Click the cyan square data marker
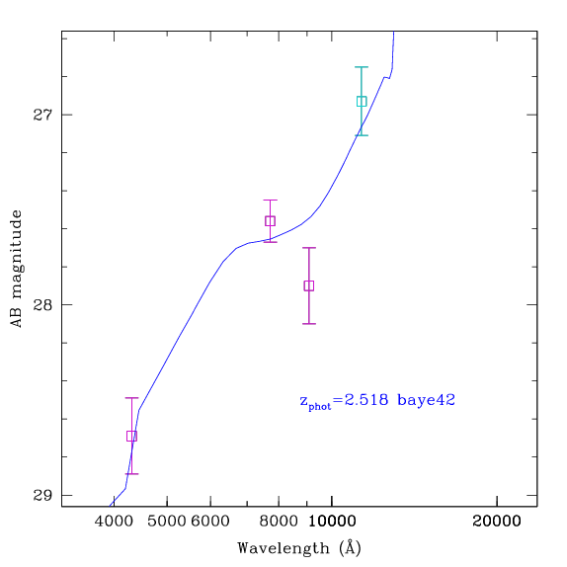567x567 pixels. [x=362, y=101]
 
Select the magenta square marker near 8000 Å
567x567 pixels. [x=270, y=221]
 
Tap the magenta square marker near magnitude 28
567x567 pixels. [x=309, y=285]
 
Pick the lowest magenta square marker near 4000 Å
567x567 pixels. [x=131, y=436]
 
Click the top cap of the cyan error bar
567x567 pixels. [x=362, y=67]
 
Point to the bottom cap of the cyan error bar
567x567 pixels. [x=362, y=135]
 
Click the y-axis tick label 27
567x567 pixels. [x=42, y=115]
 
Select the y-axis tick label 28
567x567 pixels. [x=42, y=305]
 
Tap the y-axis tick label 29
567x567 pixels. [x=42, y=495]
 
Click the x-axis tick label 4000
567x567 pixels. [x=114, y=522]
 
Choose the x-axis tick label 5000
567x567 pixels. [x=167, y=522]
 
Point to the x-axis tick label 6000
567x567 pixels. [x=210, y=522]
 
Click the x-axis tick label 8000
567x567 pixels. [x=279, y=522]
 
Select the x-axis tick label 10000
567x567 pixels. [x=332, y=522]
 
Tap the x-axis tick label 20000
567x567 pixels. [x=497, y=522]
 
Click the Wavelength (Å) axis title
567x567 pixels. [x=299, y=548]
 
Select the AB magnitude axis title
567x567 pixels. [x=16, y=269]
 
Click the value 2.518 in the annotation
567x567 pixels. [x=366, y=400]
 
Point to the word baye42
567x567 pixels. [x=426, y=401]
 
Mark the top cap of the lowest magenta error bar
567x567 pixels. [x=131, y=398]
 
